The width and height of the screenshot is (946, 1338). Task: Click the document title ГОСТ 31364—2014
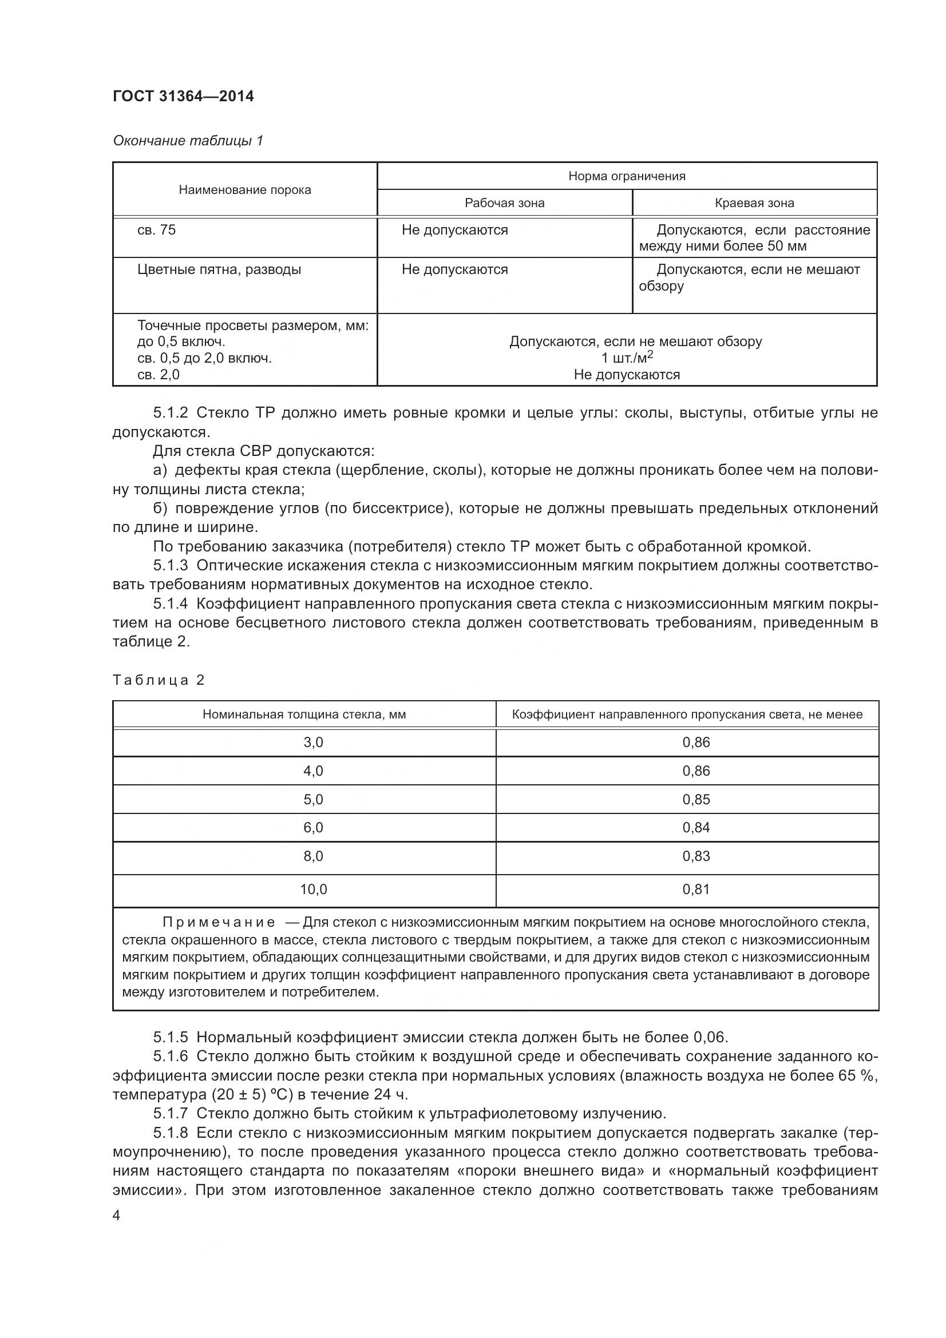[x=183, y=96]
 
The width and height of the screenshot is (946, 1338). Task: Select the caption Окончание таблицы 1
[x=188, y=141]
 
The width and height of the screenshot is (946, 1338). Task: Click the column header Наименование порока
[x=245, y=190]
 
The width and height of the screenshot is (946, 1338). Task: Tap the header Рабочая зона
[x=504, y=203]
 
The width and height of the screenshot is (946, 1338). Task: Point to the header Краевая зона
[x=754, y=203]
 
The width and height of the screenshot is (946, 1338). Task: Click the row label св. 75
[x=156, y=230]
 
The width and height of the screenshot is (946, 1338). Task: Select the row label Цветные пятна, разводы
[x=219, y=270]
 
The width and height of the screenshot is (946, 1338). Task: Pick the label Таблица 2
[x=159, y=680]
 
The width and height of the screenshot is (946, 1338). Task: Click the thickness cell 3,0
[x=313, y=743]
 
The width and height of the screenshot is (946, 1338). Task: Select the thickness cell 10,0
[x=313, y=890]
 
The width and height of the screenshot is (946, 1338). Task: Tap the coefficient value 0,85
[x=696, y=799]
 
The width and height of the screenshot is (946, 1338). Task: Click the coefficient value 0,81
[x=696, y=890]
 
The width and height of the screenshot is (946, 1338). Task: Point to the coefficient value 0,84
[x=696, y=828]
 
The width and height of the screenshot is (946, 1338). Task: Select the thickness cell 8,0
[x=313, y=856]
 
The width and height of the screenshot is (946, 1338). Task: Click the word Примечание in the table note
[x=219, y=922]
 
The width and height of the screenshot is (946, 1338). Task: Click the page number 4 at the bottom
[x=117, y=1216]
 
